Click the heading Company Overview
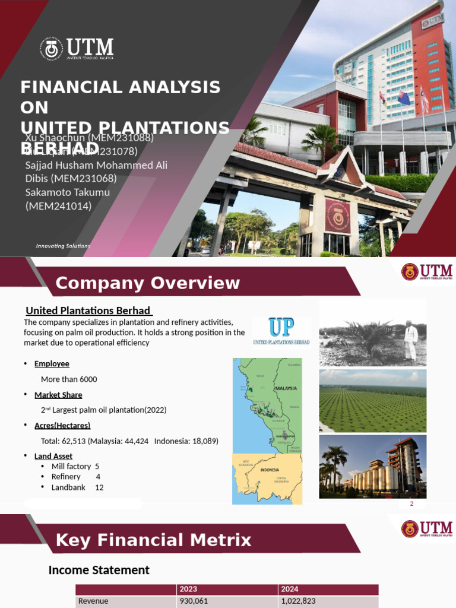pos(148,283)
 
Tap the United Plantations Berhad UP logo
pos(281,331)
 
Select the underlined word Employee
pos(52,363)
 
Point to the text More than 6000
pos(69,379)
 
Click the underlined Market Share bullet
pos(58,395)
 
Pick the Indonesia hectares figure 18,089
pos(203,441)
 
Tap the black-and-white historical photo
pos(372,333)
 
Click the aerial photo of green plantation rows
pos(372,401)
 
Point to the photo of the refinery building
pos(372,467)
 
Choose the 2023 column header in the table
pos(188,589)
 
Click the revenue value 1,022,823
pos(299,601)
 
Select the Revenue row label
pos(93,601)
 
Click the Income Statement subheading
pos(99,570)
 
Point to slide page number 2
pos(411,504)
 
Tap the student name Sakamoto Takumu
pos(67,192)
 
